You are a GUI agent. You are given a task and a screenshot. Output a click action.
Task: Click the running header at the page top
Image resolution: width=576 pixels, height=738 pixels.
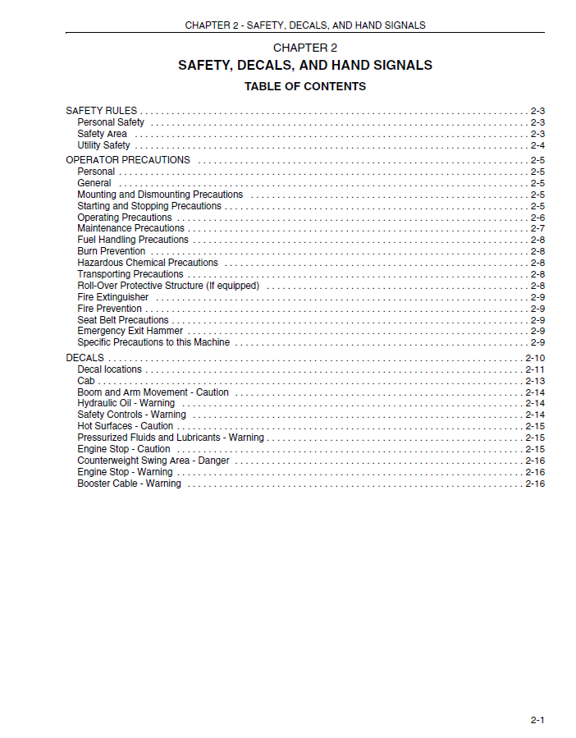point(305,25)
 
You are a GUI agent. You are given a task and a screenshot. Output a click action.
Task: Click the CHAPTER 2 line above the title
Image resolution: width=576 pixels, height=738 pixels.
point(305,48)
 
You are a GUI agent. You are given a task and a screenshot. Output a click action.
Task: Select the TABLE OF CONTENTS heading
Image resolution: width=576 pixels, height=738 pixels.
point(305,86)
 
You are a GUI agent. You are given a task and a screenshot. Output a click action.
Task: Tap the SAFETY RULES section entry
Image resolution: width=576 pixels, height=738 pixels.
point(102,111)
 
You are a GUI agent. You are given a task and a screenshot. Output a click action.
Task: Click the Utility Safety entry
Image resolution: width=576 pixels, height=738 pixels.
point(103,145)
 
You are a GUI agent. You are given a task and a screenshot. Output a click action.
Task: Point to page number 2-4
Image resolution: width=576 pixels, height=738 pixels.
point(537,145)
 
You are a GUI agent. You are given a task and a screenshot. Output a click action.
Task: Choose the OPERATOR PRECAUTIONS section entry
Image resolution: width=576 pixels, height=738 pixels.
point(128,160)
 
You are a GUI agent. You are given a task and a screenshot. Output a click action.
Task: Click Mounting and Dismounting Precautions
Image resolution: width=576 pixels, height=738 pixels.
point(160,195)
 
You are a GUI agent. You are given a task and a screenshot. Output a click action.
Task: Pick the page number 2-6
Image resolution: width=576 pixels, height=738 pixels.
point(537,218)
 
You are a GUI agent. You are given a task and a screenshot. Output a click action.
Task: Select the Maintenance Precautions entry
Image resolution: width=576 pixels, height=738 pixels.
point(130,228)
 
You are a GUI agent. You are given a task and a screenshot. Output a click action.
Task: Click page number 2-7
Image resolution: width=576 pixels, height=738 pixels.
point(537,228)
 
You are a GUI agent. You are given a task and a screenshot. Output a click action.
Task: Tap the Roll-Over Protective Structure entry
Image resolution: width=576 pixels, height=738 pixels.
point(168,286)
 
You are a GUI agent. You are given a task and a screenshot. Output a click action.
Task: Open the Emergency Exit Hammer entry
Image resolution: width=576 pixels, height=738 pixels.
point(130,331)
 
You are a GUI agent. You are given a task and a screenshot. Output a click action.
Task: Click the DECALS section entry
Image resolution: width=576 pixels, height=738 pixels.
point(85,358)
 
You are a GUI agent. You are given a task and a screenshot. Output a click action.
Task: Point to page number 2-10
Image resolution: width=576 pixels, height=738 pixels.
point(535,358)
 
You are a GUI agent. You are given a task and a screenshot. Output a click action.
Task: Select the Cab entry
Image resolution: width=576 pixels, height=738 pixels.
point(86,381)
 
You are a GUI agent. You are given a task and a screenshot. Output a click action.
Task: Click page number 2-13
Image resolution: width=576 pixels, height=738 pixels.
point(535,381)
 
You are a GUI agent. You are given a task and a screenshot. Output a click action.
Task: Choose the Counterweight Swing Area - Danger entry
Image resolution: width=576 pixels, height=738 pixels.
point(153,461)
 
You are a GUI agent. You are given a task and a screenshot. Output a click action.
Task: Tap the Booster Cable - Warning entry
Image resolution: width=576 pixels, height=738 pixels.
point(129,484)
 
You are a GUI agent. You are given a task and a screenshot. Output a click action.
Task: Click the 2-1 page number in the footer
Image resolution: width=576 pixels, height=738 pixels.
point(537,720)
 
